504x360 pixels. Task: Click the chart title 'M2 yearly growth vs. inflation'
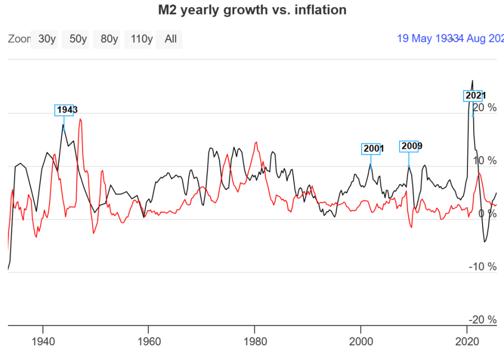tap(252, 10)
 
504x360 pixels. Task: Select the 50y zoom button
tap(78, 39)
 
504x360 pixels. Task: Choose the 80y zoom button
tap(109, 39)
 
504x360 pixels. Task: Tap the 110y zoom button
tap(140, 39)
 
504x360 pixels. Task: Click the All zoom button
tap(170, 39)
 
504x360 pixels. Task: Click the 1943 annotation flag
tap(64, 110)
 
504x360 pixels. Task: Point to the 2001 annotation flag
tap(371, 149)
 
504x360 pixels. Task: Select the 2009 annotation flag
tap(409, 146)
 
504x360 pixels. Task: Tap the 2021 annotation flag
tap(473, 96)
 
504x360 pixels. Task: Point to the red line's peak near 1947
tap(80, 119)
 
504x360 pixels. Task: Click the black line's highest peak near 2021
tap(472, 80)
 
